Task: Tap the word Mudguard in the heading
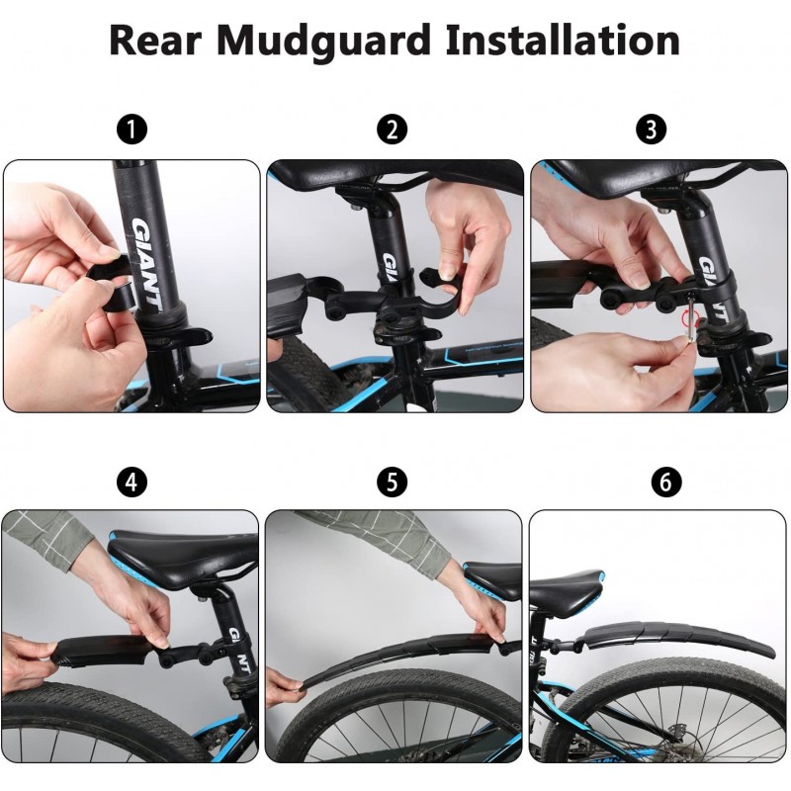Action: coord(323,41)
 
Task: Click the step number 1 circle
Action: coord(132,130)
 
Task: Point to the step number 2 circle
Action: coord(392,130)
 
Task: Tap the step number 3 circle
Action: coord(652,130)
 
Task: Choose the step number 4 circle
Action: coord(132,482)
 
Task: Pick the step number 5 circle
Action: coord(392,482)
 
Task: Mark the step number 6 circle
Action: coord(666,482)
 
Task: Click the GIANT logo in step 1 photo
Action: coord(146,264)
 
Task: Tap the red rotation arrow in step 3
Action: coord(690,318)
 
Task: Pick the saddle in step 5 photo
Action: coord(491,580)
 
